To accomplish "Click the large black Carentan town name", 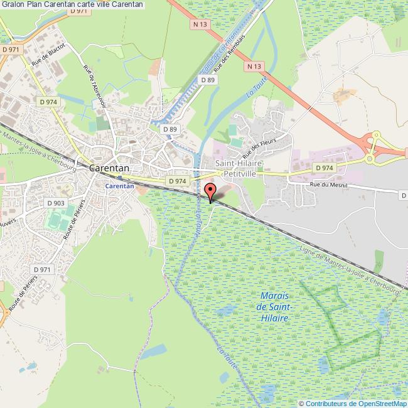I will click(109, 168).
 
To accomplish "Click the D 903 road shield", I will click(56, 203).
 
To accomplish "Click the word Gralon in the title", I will click(13, 4).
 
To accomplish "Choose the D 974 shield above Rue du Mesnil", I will click(324, 168).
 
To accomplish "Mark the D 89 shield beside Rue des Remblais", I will click(208, 80).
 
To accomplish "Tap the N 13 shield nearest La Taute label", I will click(254, 66).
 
